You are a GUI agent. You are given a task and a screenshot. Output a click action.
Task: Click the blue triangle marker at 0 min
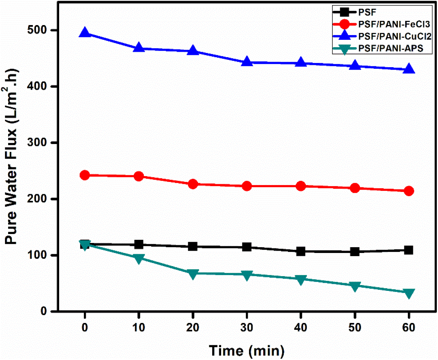tap(85, 33)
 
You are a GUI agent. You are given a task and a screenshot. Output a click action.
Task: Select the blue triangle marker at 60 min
tap(409, 70)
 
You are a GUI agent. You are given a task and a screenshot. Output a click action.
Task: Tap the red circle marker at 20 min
tap(193, 184)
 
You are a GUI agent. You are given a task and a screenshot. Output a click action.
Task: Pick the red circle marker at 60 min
tap(409, 191)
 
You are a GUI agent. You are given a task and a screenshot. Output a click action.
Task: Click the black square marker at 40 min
tap(301, 251)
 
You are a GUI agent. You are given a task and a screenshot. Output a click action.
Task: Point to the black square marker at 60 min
tap(409, 250)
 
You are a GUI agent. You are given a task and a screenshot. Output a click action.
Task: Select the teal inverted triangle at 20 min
tap(193, 273)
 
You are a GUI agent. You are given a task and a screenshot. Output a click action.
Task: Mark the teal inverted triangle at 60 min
tap(409, 293)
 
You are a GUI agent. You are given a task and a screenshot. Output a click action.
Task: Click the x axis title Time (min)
tap(247, 351)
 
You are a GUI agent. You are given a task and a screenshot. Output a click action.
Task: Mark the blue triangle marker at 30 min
tap(247, 62)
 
